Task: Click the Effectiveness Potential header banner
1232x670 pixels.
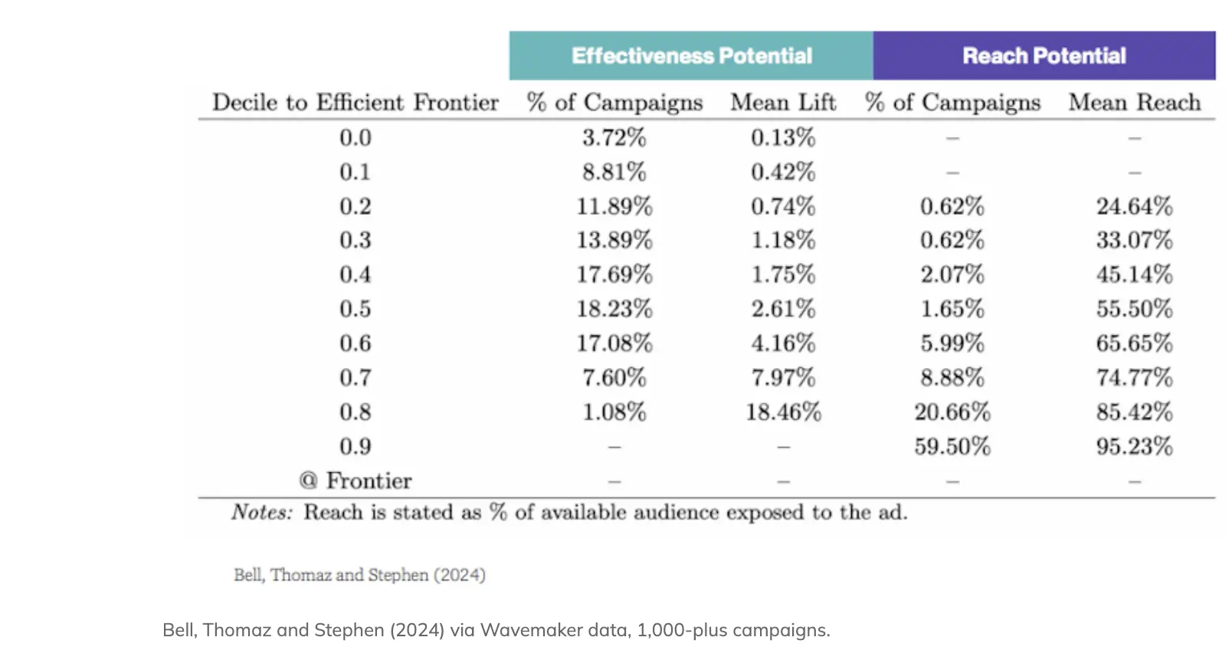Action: (691, 56)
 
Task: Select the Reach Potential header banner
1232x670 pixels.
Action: (1044, 56)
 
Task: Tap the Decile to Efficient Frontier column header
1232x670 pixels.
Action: (356, 103)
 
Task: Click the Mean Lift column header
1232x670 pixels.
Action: (783, 103)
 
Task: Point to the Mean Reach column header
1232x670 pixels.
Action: (1135, 103)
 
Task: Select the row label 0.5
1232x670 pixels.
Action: (356, 309)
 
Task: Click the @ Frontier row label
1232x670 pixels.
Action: (356, 481)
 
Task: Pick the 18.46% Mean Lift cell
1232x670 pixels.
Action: (783, 412)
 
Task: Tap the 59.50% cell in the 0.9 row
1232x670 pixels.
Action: (952, 447)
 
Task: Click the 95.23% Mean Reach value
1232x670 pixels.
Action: (1135, 447)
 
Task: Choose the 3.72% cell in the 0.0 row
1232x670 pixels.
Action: (614, 138)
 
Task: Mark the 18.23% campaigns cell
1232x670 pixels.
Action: (614, 309)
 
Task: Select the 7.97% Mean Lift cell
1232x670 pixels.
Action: (783, 378)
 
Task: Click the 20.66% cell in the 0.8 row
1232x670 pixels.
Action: (952, 412)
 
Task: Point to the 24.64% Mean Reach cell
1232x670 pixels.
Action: (1135, 206)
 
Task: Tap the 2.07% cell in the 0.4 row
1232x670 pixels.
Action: (952, 274)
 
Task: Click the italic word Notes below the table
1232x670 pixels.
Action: (262, 512)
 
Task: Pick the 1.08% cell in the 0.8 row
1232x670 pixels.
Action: (614, 412)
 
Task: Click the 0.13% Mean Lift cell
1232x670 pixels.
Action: (783, 138)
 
